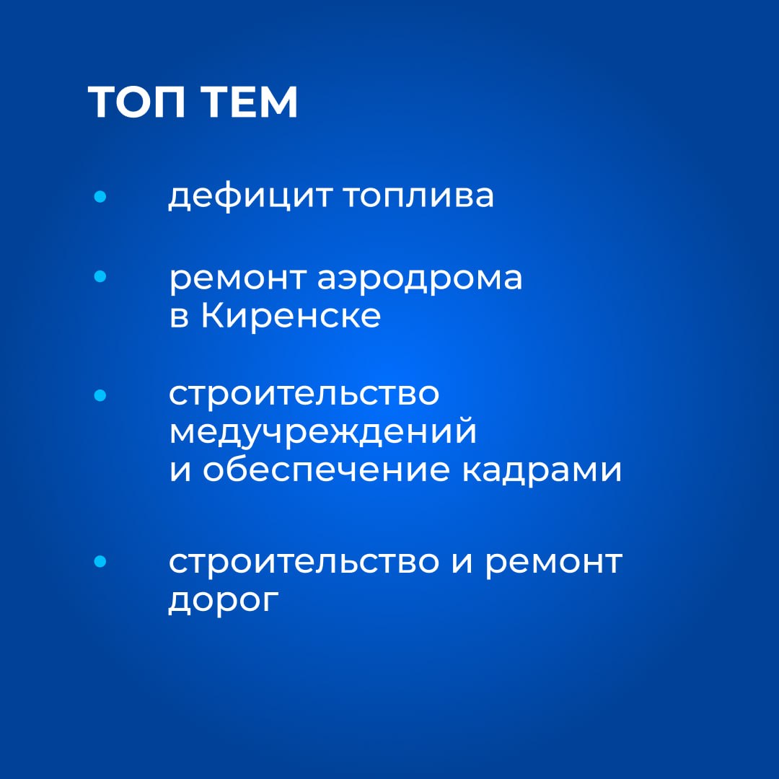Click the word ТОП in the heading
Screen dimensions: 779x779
coord(136,102)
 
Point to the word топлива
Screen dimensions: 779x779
coord(418,195)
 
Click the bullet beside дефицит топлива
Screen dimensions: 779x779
coord(100,197)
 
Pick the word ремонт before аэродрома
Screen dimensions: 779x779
coord(237,278)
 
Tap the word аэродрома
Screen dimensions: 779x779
coord(420,278)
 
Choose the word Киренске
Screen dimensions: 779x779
coord(291,315)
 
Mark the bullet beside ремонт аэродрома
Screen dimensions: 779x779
coord(100,276)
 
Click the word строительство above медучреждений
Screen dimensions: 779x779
coord(304,395)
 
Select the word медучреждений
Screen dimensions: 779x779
coord(323,432)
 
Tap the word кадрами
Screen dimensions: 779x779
coord(542,470)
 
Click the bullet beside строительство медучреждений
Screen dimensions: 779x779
coord(100,395)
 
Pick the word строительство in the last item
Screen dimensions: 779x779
coord(304,563)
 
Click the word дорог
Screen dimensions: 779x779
coord(224,601)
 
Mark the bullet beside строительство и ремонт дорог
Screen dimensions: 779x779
coord(100,561)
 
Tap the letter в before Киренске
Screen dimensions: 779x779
coord(180,317)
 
